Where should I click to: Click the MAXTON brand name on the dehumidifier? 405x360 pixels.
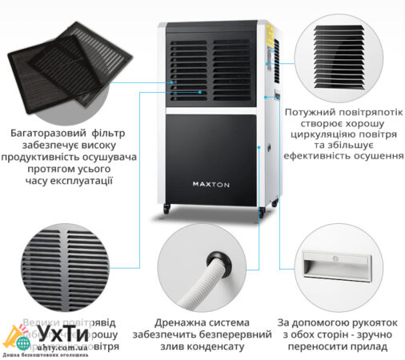coord(211,182)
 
